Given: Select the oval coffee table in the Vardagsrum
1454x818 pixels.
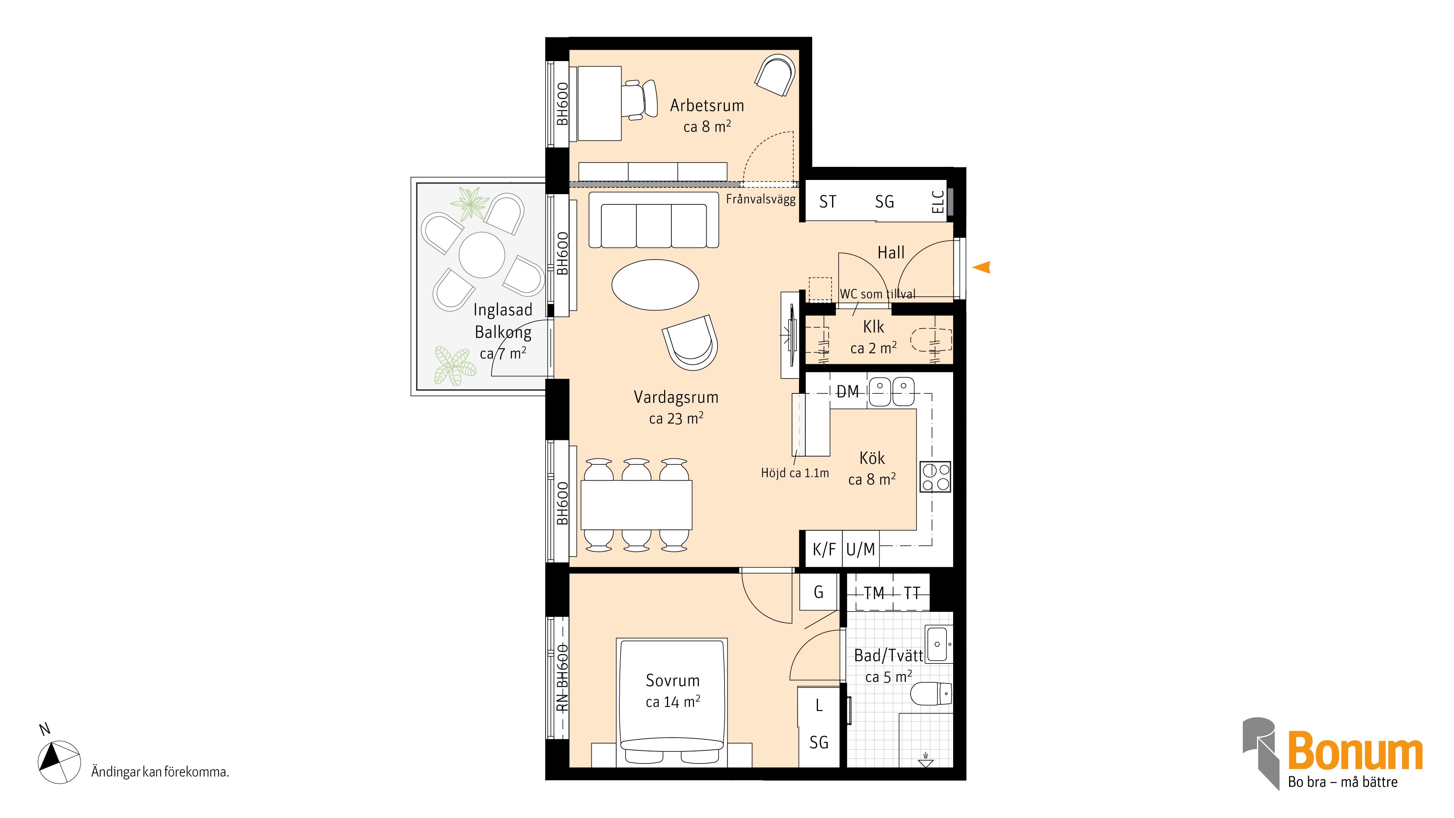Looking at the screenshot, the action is coord(655,285).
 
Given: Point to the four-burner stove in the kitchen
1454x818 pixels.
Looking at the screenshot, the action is coord(935,477).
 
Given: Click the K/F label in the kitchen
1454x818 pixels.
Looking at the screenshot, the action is coord(824,549).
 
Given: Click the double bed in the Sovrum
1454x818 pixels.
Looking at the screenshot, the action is coord(672,702).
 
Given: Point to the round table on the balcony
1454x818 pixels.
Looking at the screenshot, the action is coord(482,254).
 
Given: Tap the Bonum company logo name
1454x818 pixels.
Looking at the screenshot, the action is coord(1355,751).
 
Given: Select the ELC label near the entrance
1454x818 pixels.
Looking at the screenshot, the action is coord(937,201).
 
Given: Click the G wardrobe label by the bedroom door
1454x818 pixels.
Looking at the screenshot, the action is coord(819,592).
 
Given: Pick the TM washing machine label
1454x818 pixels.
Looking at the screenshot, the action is coord(874,593).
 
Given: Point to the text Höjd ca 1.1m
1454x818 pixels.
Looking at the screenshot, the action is coord(795,473).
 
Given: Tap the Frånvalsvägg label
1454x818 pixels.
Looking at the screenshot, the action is coord(760,199).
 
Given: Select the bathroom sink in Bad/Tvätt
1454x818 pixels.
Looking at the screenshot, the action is coord(937,643).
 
